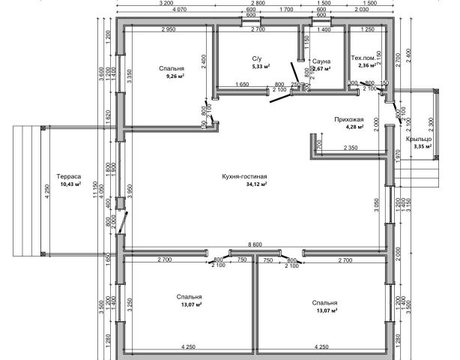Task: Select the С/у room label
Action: tap(256, 58)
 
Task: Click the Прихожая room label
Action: tap(348, 119)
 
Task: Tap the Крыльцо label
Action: tap(418, 139)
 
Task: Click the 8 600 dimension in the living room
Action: tap(255, 244)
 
